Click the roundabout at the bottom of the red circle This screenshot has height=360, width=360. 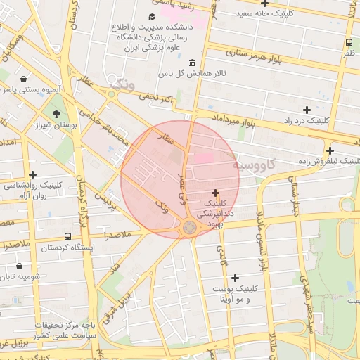(190, 227)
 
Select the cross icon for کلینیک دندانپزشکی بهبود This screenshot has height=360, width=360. (215, 193)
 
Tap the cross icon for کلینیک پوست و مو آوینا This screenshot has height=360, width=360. (235, 278)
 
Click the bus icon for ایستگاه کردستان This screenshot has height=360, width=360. (67, 237)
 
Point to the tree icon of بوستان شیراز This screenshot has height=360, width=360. (56, 113)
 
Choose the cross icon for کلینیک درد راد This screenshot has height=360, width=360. (307, 110)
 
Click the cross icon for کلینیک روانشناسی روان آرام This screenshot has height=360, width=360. (32, 174)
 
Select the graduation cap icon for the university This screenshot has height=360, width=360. (153, 16)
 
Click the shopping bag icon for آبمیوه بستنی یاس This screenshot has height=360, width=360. (25, 79)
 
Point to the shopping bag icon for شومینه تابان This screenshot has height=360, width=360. (18, 266)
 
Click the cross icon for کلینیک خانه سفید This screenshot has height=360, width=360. (264, 4)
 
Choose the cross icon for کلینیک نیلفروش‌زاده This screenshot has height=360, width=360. (330, 150)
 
